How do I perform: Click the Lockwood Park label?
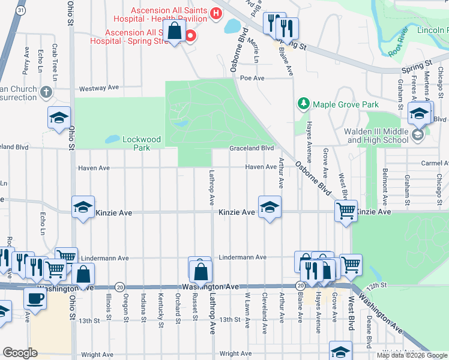(142, 143)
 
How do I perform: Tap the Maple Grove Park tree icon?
(304, 104)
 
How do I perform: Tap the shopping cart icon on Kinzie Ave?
(346, 211)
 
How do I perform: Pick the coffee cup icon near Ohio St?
(35, 298)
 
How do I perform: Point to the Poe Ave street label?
(252, 78)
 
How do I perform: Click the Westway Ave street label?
(99, 88)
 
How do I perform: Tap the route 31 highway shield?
(21, 10)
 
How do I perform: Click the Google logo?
(20, 353)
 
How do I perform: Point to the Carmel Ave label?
(435, 163)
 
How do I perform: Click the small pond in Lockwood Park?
(112, 139)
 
